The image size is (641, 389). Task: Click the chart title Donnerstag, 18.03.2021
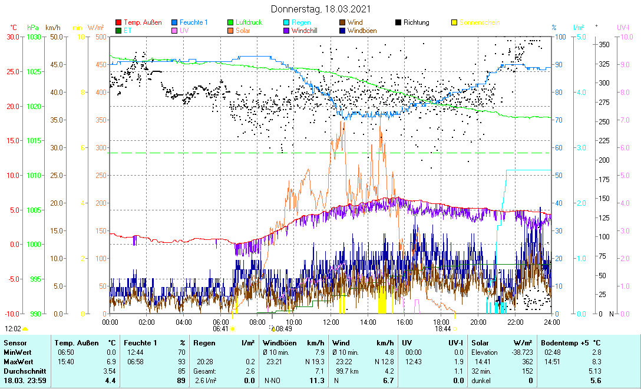320,9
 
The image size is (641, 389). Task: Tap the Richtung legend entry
416,22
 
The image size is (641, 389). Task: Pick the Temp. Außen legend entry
143,22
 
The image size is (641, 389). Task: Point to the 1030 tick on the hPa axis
35,37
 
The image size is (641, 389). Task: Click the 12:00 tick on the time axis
331,322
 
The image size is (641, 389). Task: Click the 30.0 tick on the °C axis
13,37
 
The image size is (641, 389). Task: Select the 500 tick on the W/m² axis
100,37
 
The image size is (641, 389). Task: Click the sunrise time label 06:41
220,329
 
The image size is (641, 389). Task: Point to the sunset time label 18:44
442,329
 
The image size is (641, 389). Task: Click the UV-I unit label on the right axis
623,28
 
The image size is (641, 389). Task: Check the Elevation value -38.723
521,352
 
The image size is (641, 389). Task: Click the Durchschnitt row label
22,371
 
